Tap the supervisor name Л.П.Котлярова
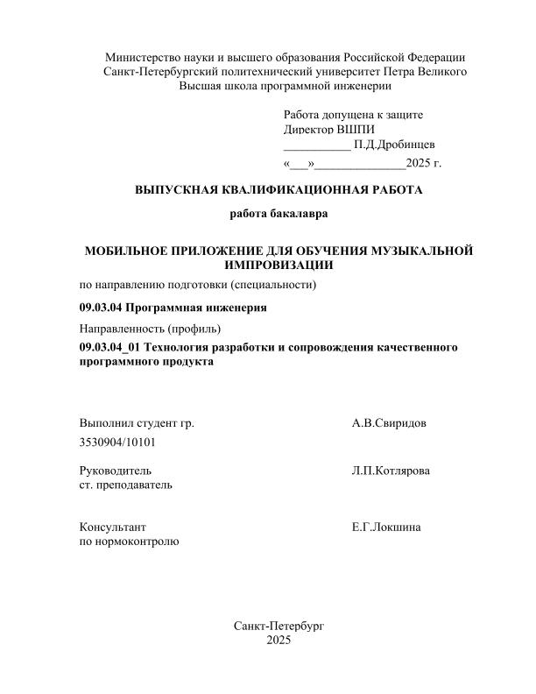(391, 471)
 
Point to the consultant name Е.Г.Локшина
(386, 527)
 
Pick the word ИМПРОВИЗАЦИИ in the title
(279, 264)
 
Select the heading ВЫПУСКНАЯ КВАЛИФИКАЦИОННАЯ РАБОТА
(279, 189)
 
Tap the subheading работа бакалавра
(279, 213)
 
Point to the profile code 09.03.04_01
(109, 348)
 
